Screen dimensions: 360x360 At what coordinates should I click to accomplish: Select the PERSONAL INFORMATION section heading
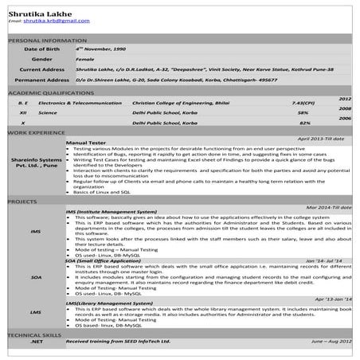coord(47,39)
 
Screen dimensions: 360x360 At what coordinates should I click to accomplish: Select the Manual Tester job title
coord(86,142)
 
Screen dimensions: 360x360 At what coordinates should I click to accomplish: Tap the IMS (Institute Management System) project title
coord(112,213)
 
